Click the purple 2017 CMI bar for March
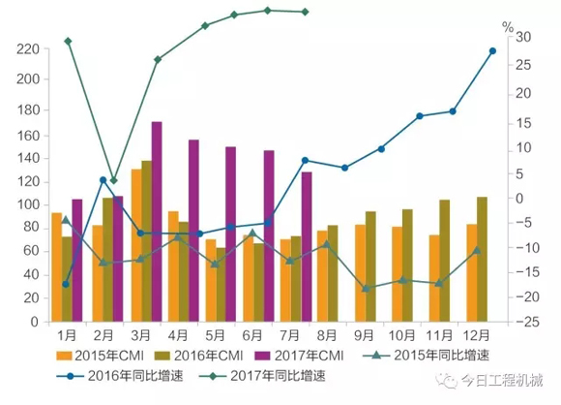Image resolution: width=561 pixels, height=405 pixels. click(157, 221)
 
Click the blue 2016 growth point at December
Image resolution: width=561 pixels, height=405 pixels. click(492, 50)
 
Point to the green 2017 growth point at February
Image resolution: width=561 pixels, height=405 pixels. click(113, 181)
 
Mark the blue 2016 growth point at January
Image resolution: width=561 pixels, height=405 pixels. click(67, 284)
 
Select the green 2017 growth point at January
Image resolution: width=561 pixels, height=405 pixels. click(68, 41)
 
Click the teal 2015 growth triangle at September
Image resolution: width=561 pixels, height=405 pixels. click(366, 289)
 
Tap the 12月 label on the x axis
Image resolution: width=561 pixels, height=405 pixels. click(475, 334)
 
